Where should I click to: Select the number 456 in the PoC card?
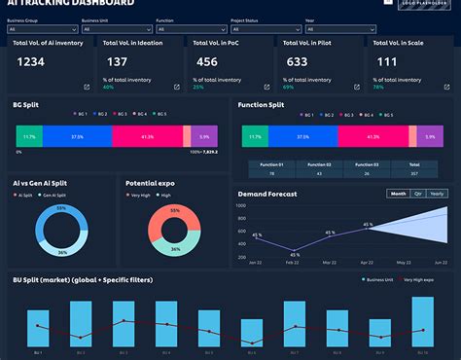click(x=209, y=62)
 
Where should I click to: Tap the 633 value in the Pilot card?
click(x=297, y=62)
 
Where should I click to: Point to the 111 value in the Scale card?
click(x=387, y=62)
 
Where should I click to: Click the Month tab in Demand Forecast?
click(x=399, y=194)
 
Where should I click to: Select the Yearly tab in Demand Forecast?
click(x=437, y=194)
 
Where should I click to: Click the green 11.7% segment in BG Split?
click(x=29, y=137)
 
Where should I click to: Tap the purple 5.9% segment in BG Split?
click(x=203, y=137)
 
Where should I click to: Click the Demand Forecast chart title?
click(x=267, y=194)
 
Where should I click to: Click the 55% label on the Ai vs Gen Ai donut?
click(x=61, y=210)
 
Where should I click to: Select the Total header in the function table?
click(x=414, y=165)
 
